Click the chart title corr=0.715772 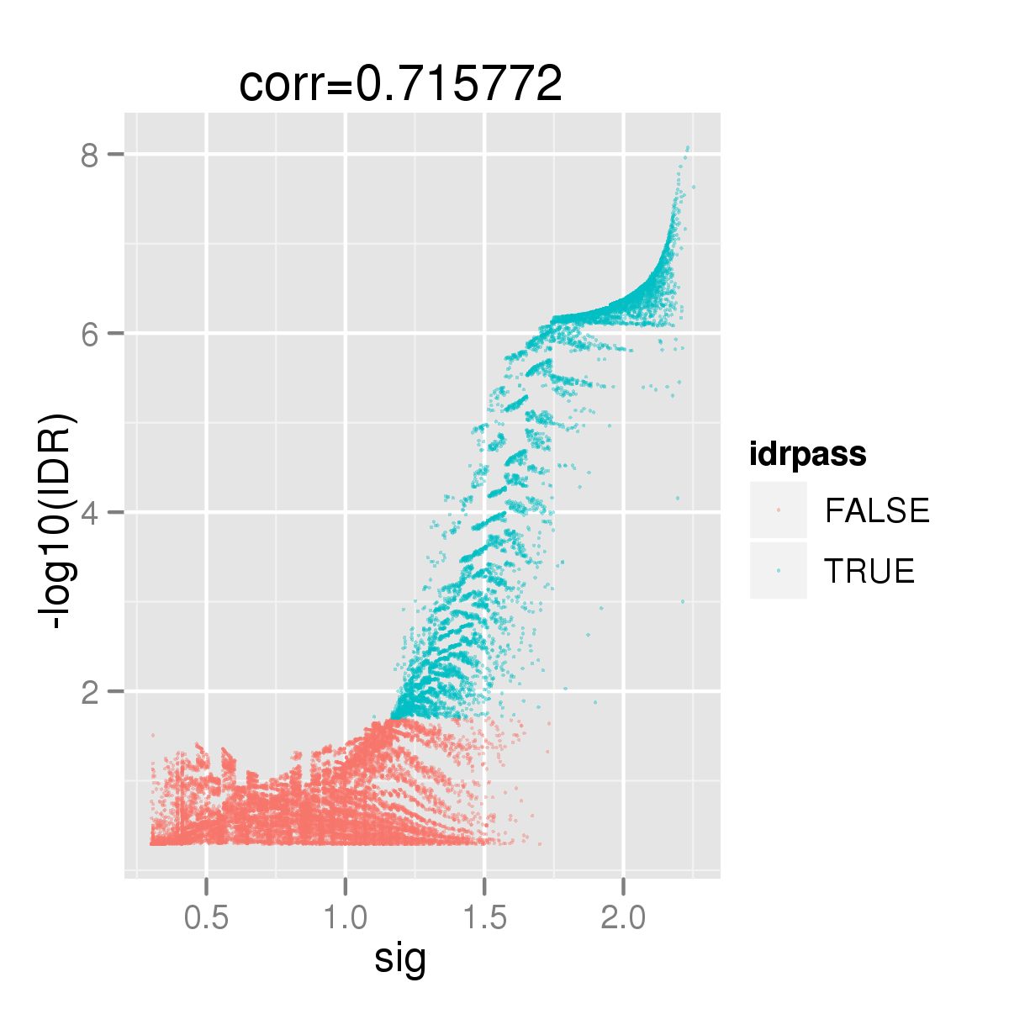click(400, 84)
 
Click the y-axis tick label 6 click(89, 333)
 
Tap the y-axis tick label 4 click(89, 512)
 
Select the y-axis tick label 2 click(89, 691)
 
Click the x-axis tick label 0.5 click(206, 917)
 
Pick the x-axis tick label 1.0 click(345, 917)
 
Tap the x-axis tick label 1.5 click(484, 917)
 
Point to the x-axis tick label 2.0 click(623, 917)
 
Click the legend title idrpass click(808, 455)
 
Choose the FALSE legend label click(877, 510)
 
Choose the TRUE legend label click(869, 571)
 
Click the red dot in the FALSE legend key click(779, 510)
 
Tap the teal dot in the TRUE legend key click(779, 570)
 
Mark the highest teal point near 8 click(688, 148)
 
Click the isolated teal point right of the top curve click(694, 187)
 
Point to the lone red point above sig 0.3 click(153, 735)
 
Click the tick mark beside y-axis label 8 click(117, 154)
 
